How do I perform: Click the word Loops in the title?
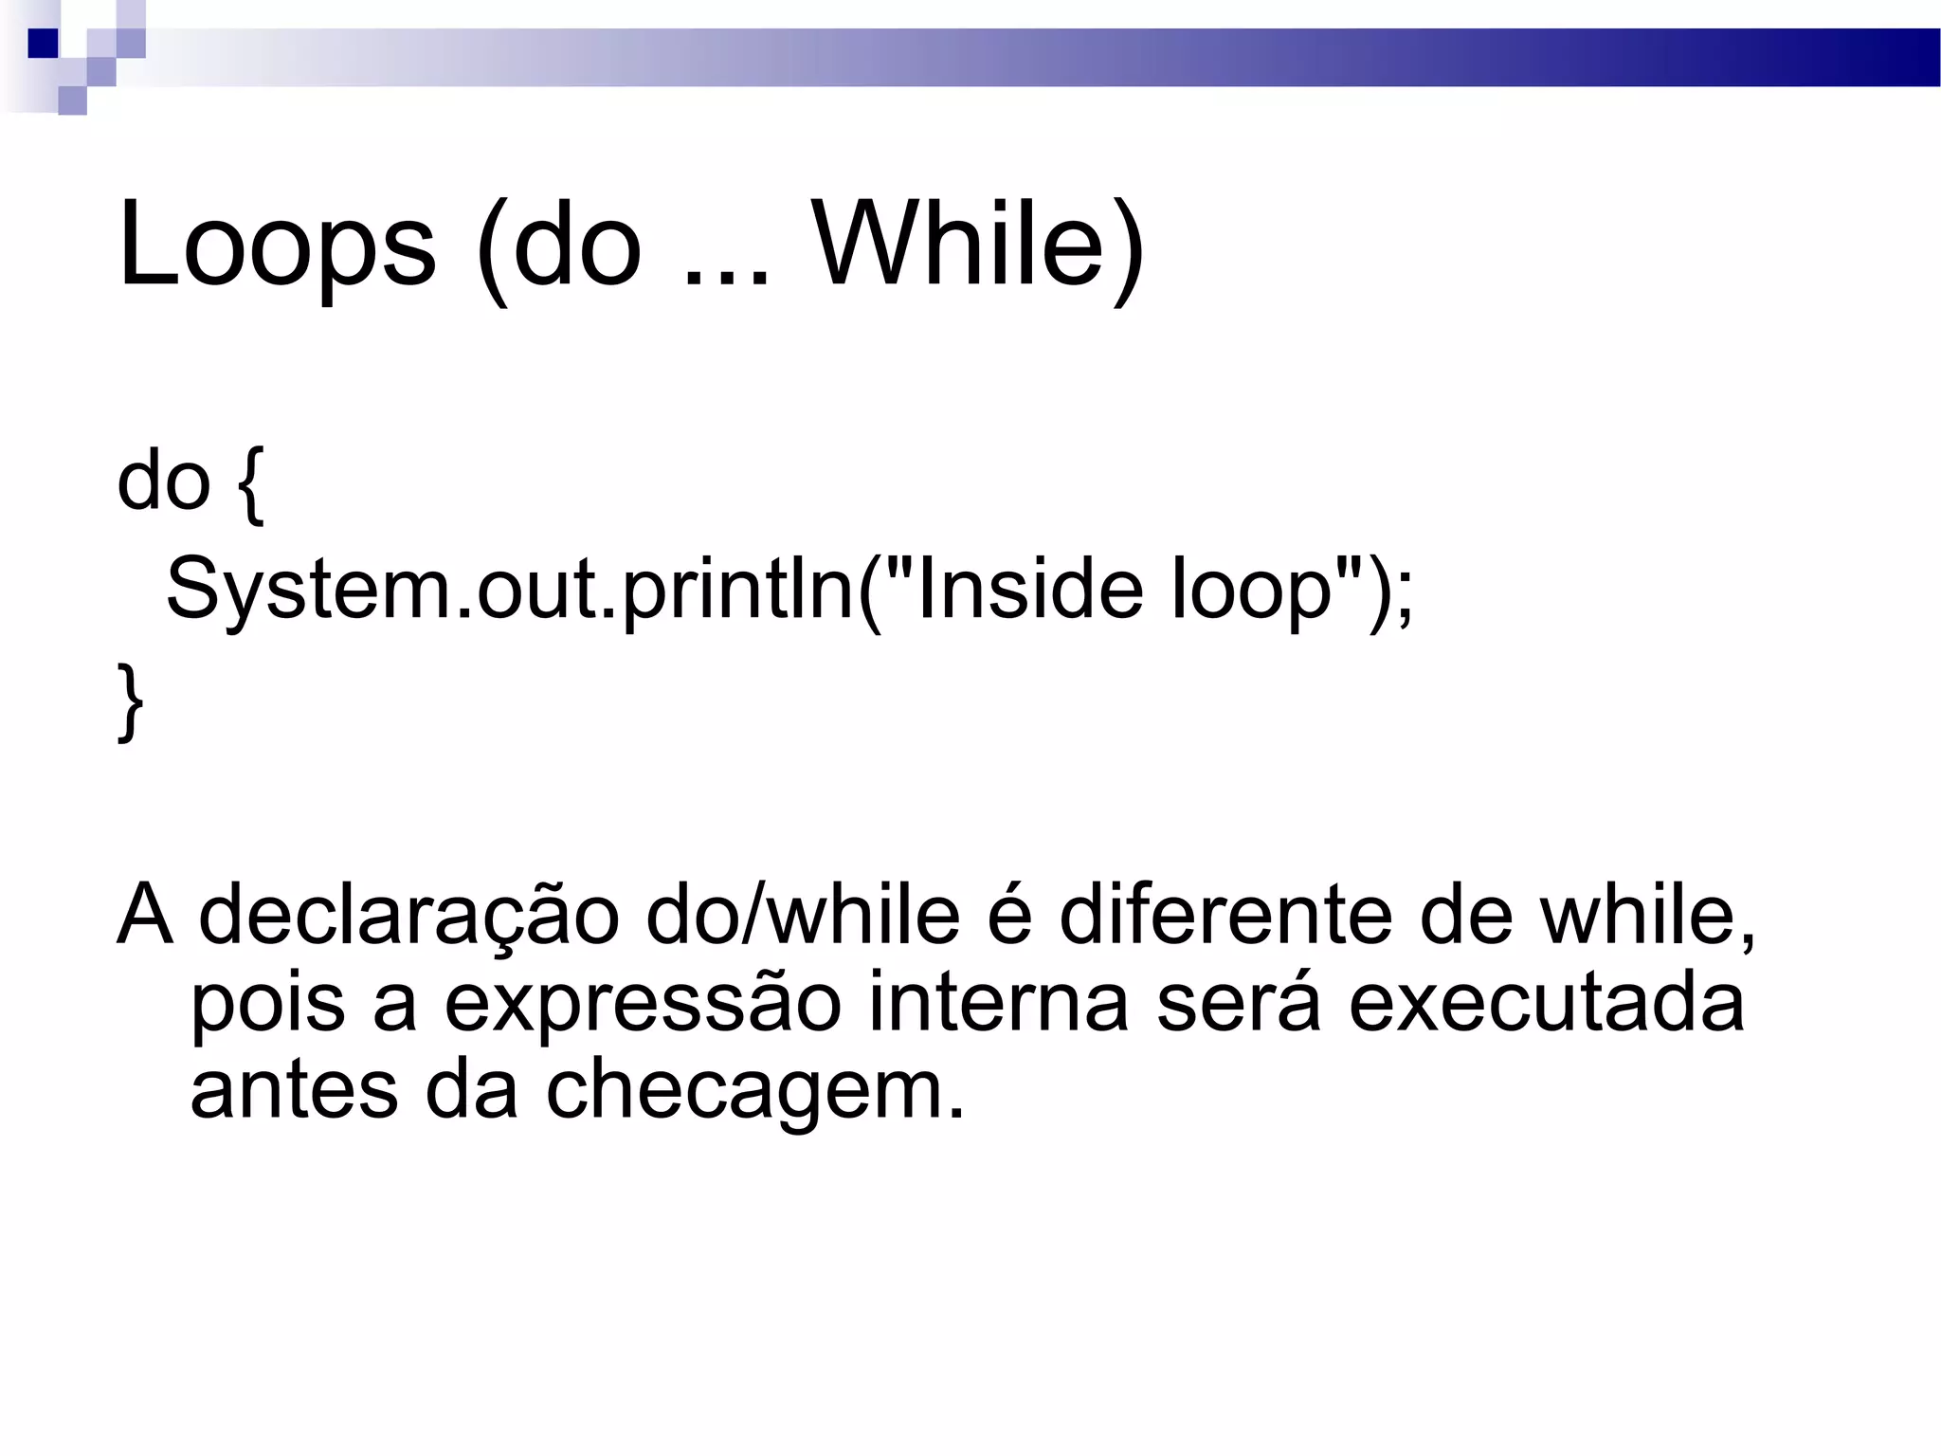click(x=276, y=246)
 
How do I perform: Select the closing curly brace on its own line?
click(x=131, y=701)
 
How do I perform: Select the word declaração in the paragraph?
click(x=408, y=916)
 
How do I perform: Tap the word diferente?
click(x=1226, y=916)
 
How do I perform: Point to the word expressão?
click(x=643, y=1003)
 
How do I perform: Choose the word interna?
click(x=998, y=1003)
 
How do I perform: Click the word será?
click(x=1238, y=1003)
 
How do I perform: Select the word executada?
click(x=1546, y=1003)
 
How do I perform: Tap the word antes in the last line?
click(x=294, y=1090)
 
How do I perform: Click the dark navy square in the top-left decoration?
click(x=43, y=44)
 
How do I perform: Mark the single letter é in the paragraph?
click(x=1009, y=916)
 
